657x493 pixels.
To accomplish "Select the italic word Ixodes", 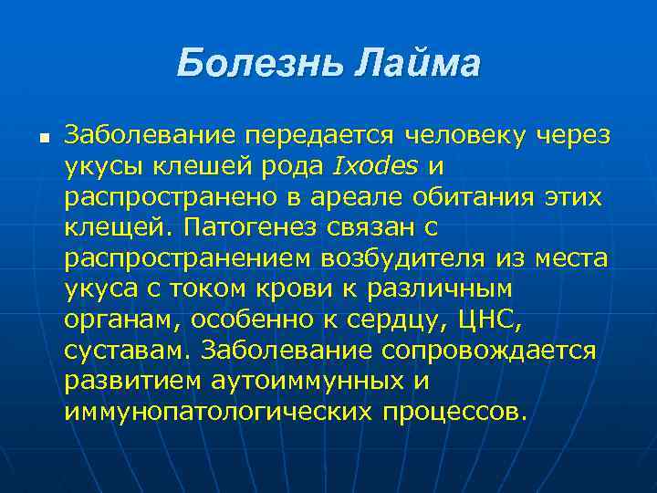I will pos(376,166).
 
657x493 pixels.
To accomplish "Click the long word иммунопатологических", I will pos(218,411).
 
